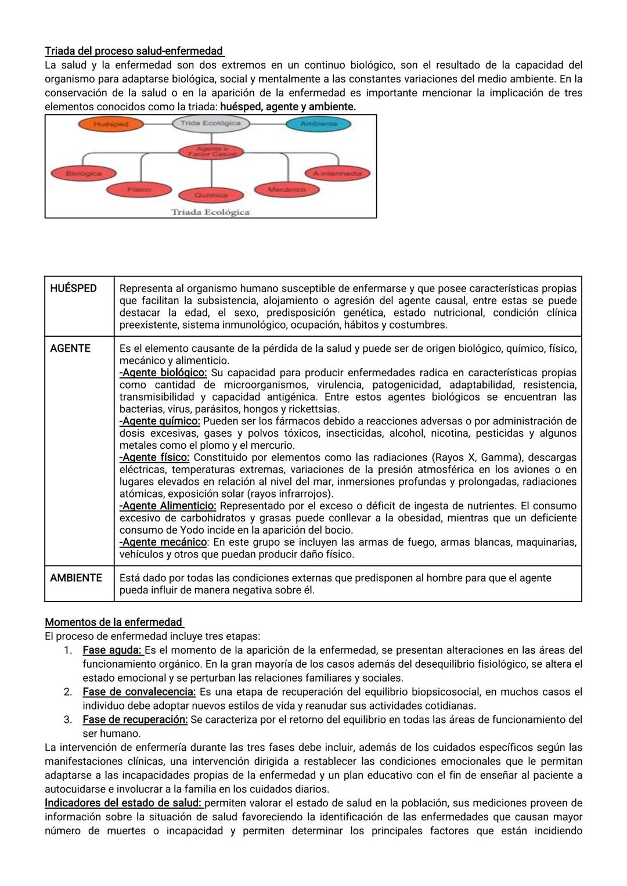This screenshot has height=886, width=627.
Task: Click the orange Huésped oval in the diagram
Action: coord(111,124)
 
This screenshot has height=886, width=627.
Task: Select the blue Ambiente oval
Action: coord(318,124)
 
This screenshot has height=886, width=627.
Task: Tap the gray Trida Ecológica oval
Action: coord(210,123)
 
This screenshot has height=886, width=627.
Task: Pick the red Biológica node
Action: coord(84,173)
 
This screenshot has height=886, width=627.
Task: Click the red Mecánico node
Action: coord(286,189)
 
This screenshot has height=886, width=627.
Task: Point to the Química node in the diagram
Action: coord(211,195)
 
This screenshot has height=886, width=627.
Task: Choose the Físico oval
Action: coord(139,189)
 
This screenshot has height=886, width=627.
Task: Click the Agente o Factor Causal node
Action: coord(211,152)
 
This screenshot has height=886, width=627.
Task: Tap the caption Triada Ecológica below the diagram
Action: coord(210,212)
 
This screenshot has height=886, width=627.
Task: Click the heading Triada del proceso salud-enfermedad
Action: coord(134,51)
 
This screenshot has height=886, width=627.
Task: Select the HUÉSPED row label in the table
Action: coord(73,289)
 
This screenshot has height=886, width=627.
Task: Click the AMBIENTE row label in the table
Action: coord(76,578)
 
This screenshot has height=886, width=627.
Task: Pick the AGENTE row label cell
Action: coord(70,348)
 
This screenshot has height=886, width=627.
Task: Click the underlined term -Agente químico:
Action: coord(160,421)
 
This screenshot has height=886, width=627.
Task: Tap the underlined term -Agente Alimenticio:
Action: coord(168,506)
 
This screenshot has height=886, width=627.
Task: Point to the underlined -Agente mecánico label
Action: coord(163,542)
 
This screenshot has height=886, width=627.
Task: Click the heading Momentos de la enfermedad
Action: coord(114,622)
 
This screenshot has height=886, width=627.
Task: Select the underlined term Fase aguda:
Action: coord(113,650)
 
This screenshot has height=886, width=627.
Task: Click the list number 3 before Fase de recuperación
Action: coord(68,719)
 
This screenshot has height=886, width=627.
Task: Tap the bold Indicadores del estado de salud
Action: coord(124,803)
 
